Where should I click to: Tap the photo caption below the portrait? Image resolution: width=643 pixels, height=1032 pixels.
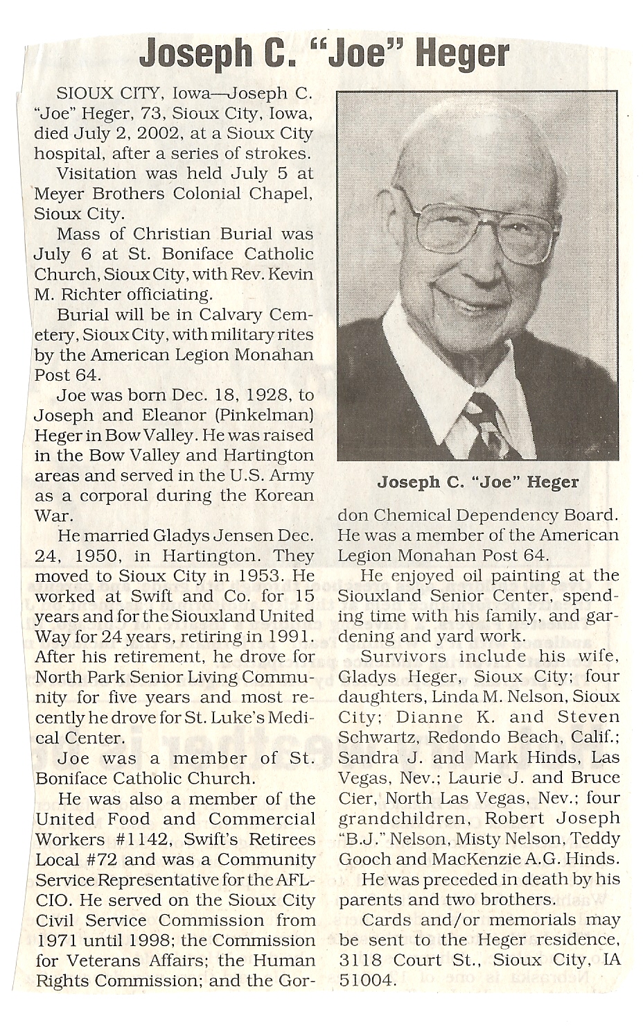[x=477, y=481]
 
